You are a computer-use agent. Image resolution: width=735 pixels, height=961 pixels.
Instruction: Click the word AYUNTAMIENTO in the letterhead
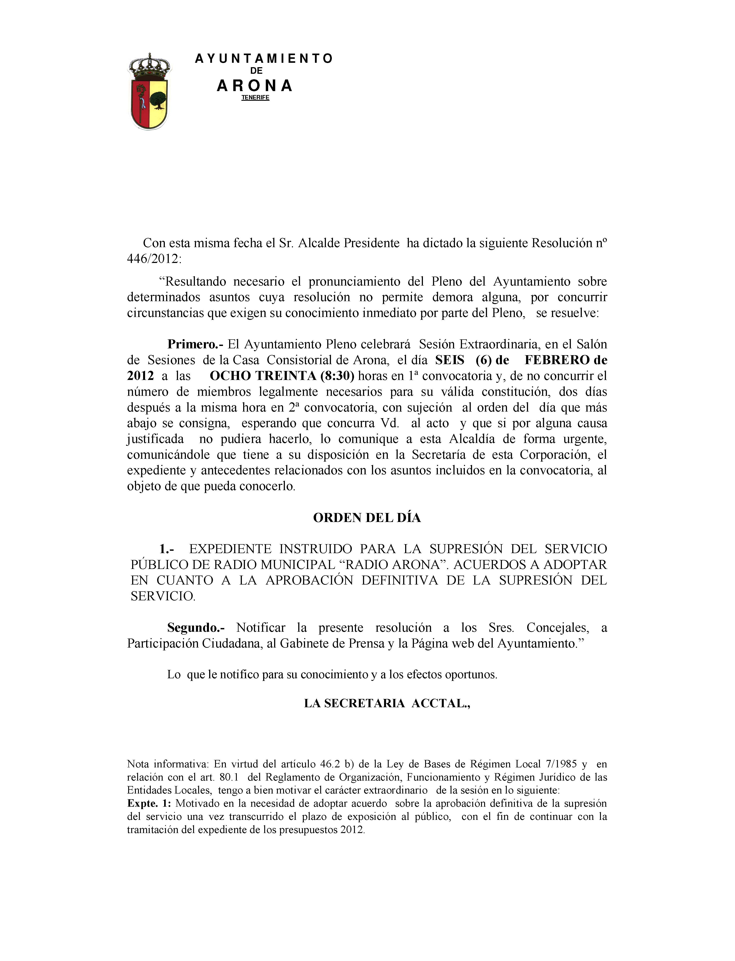tap(264, 59)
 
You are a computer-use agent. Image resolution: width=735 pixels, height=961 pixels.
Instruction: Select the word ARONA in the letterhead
tap(255, 86)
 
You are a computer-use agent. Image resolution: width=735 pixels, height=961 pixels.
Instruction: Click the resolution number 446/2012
tap(153, 259)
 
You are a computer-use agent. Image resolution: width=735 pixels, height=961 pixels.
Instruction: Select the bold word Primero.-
tap(195, 344)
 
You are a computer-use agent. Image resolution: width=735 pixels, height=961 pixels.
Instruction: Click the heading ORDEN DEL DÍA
tap(367, 518)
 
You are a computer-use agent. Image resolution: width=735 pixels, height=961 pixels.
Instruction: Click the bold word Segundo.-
tap(196, 628)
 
